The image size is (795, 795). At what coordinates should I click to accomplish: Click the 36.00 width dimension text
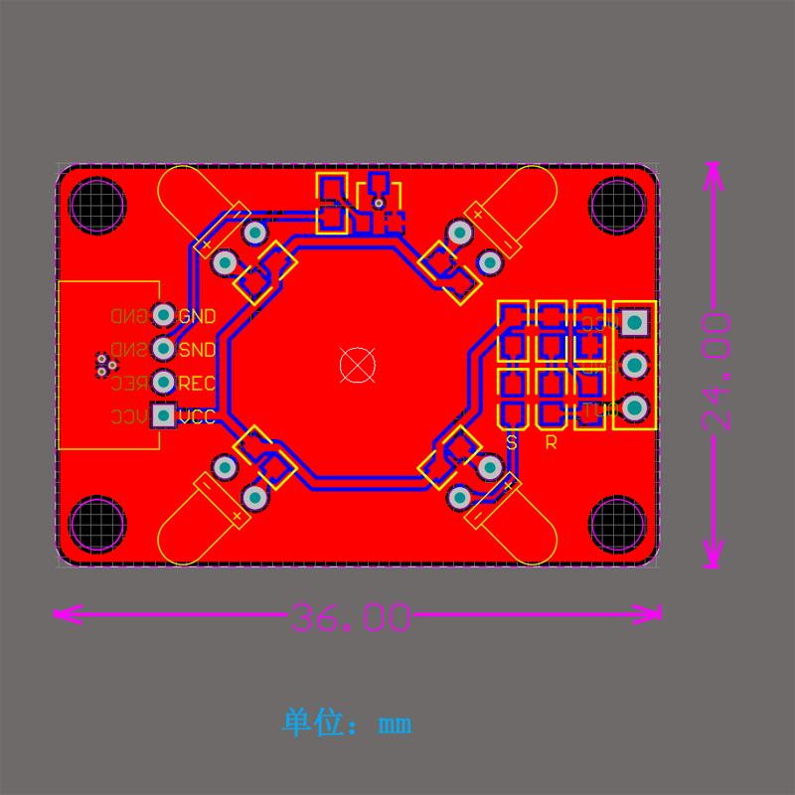click(351, 618)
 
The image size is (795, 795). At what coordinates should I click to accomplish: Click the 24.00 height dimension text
click(716, 371)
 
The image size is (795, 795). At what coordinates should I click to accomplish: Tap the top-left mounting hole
click(97, 205)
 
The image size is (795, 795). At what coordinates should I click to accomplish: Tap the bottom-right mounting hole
click(617, 524)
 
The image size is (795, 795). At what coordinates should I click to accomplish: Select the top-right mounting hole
click(617, 205)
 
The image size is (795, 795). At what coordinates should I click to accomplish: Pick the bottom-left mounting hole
click(97, 524)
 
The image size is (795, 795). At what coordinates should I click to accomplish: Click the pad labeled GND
click(163, 315)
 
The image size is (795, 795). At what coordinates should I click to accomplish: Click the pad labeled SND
click(163, 349)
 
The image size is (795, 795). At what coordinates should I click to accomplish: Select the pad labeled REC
click(163, 382)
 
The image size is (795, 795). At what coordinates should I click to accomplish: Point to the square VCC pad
click(163, 415)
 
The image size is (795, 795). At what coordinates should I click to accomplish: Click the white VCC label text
click(197, 417)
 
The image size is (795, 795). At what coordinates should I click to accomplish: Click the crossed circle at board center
click(357, 365)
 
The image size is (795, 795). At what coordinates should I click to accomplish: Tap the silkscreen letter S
click(512, 443)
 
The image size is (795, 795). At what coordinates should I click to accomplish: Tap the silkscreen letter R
click(551, 443)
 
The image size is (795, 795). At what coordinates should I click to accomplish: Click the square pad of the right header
click(634, 322)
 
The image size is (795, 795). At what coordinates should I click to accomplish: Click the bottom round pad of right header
click(634, 407)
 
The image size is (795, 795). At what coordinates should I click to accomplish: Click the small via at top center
click(378, 204)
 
